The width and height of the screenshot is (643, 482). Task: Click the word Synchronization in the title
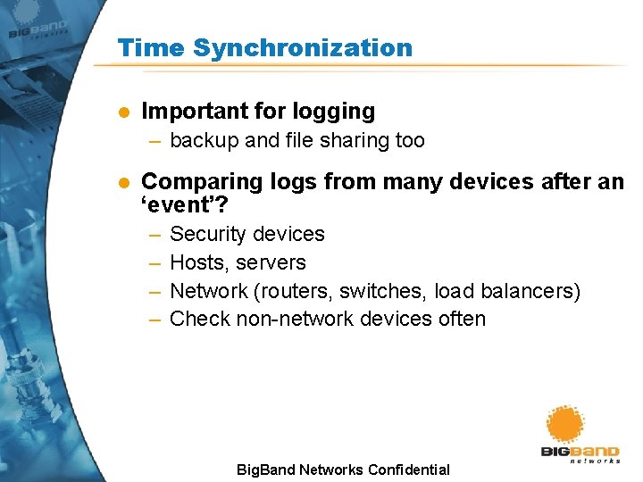[x=303, y=48]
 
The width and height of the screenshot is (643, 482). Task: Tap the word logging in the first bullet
[x=333, y=112]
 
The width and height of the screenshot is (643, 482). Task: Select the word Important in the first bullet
[x=194, y=112]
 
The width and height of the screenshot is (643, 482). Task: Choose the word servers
[x=271, y=262]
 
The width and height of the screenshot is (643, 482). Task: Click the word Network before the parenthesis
[x=207, y=291]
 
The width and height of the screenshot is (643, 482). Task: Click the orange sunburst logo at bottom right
[x=564, y=425]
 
